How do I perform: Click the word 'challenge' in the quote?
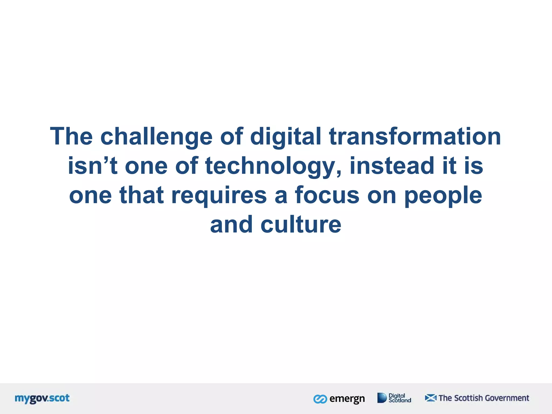[156, 137]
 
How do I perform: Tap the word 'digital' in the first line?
[285, 137]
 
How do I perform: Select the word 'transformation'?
[415, 137]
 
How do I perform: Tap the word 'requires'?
[219, 195]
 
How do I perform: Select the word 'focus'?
[327, 195]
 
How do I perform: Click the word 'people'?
[443, 195]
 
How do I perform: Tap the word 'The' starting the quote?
[71, 137]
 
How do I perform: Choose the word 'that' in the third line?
[142, 195]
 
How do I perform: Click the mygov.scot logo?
[42, 398]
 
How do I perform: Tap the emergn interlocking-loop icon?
[320, 399]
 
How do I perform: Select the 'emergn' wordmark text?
[347, 399]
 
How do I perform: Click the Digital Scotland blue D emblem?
[382, 398]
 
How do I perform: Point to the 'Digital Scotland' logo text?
[400, 398]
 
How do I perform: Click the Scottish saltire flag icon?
[430, 398]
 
